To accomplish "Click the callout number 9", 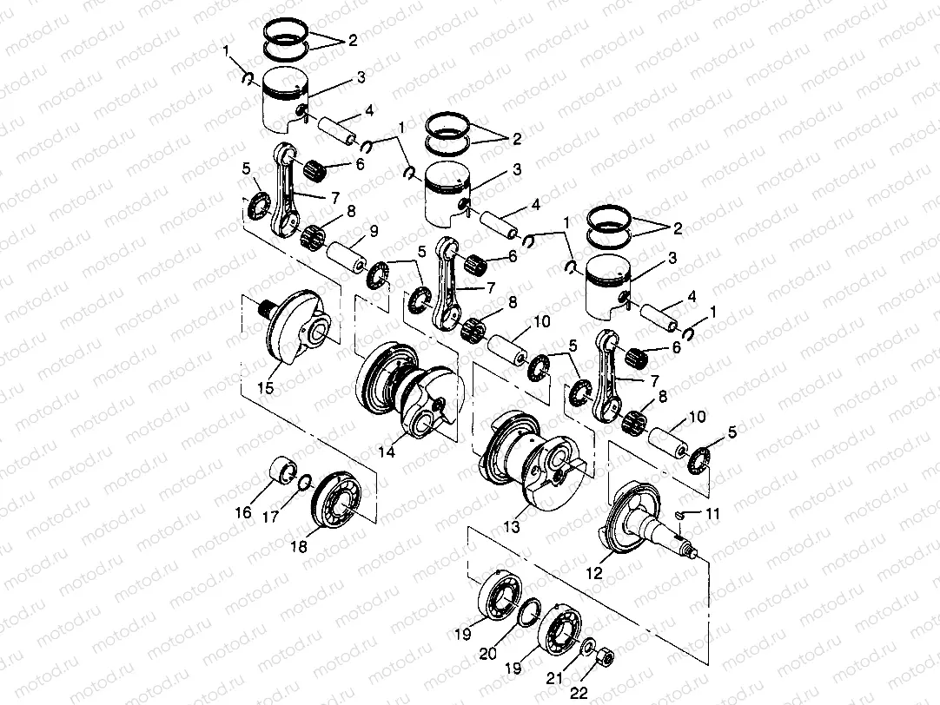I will click(373, 232).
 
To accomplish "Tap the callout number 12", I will click(594, 573).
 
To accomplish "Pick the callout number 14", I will click(387, 451).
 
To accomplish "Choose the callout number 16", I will click(243, 513).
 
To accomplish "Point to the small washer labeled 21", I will click(587, 647).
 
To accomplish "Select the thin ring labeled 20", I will click(530, 614).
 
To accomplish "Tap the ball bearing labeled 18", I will click(340, 497).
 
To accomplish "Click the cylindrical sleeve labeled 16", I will click(281, 471).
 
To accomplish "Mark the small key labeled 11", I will click(683, 515).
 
